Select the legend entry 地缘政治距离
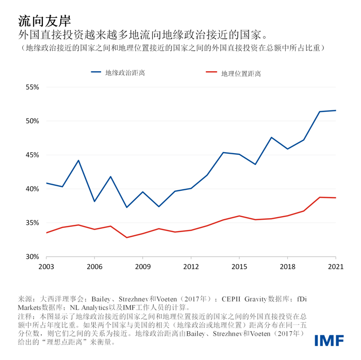click(124, 73)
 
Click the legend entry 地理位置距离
click(241, 73)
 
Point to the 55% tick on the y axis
click(32, 87)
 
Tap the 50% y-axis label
click(32, 121)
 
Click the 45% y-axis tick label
click(32, 155)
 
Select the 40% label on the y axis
click(32, 189)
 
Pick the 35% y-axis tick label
click(32, 223)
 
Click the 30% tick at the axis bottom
click(32, 256)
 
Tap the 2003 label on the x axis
click(46, 267)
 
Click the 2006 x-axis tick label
click(94, 267)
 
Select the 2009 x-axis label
click(143, 267)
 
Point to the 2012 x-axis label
click(191, 267)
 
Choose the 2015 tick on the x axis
click(239, 267)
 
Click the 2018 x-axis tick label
click(287, 267)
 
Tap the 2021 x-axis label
click(335, 267)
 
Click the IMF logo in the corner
click(330, 340)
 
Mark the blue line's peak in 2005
click(78, 160)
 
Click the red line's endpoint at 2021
click(336, 198)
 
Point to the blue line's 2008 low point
click(127, 207)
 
